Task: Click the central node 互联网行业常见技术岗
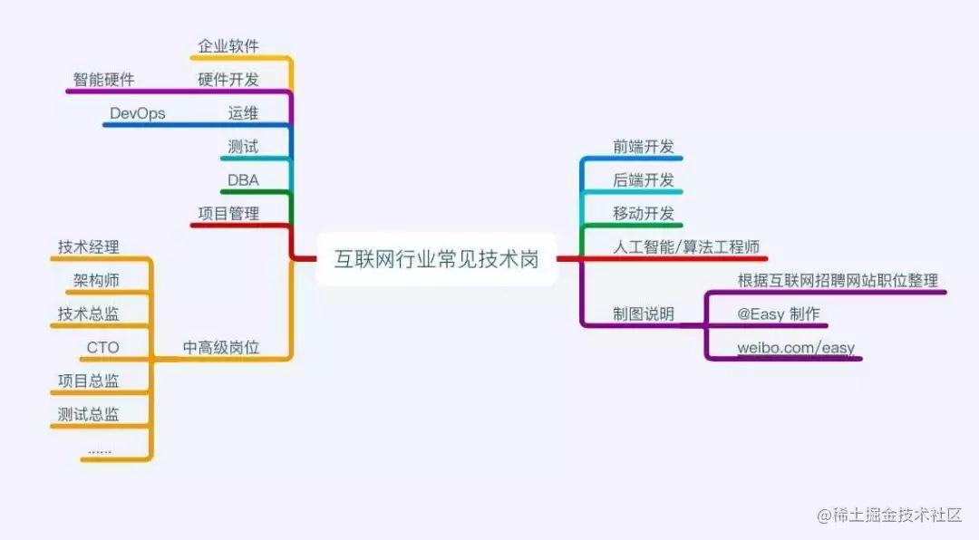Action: pyautogui.click(x=436, y=259)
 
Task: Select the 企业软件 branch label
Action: pyautogui.click(x=228, y=46)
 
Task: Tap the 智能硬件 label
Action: pyautogui.click(x=103, y=80)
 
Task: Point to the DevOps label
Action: pyautogui.click(x=137, y=113)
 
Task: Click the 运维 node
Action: pyautogui.click(x=243, y=113)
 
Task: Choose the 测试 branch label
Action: pyautogui.click(x=243, y=147)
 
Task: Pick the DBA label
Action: pyautogui.click(x=243, y=180)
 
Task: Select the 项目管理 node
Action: pyautogui.click(x=228, y=214)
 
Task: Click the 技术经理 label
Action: pyautogui.click(x=88, y=246)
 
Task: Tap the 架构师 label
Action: pyautogui.click(x=96, y=280)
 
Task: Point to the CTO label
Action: pyautogui.click(x=102, y=347)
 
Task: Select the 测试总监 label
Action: pyautogui.click(x=88, y=414)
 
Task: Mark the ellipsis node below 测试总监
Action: pyautogui.click(x=100, y=449)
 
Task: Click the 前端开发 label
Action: pyautogui.click(x=644, y=147)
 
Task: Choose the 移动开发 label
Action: pyautogui.click(x=644, y=214)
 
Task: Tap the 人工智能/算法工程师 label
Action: pyautogui.click(x=686, y=246)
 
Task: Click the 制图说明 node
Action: pyautogui.click(x=644, y=313)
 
